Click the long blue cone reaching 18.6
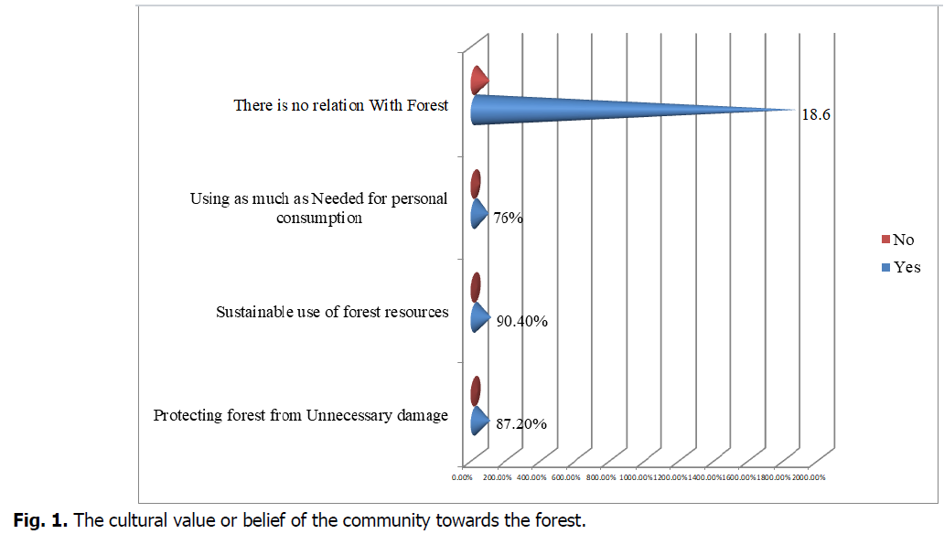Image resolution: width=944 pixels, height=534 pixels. (x=585, y=110)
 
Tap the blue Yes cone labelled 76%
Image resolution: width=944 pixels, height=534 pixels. (x=478, y=214)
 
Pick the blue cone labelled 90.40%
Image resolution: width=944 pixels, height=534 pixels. (x=478, y=317)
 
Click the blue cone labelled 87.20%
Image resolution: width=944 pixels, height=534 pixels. (x=478, y=421)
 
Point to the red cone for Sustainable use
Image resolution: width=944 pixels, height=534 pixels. (x=476, y=288)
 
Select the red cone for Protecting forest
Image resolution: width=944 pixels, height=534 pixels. (x=476, y=391)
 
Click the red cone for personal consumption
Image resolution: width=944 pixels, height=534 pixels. (x=476, y=185)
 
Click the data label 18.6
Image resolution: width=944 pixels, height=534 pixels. (x=815, y=116)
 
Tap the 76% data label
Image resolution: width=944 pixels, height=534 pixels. (x=508, y=219)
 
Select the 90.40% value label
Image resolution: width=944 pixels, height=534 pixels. (x=521, y=322)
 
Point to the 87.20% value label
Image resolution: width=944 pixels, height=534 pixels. (x=521, y=425)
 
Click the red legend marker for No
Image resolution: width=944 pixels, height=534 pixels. (x=885, y=240)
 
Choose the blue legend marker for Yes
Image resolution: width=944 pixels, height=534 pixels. (x=885, y=268)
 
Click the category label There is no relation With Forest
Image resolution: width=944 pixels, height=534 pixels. (x=340, y=106)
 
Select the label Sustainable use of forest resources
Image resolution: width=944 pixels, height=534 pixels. (x=332, y=312)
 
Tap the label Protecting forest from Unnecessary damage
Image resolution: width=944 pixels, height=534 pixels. (x=301, y=415)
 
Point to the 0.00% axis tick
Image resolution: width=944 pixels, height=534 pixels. (x=463, y=476)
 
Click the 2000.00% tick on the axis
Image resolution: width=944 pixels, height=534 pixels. (x=808, y=476)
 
